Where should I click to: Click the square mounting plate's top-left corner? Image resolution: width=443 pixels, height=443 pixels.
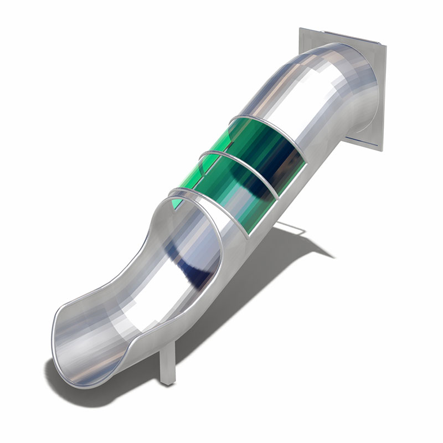(301, 29)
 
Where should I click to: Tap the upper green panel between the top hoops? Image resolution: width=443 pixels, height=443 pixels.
(244, 138)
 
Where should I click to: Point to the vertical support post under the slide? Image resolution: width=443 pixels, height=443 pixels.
(168, 360)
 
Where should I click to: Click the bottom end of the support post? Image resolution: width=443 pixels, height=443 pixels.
(167, 382)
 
